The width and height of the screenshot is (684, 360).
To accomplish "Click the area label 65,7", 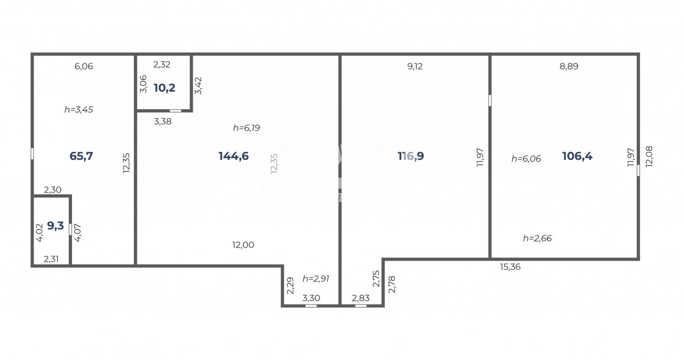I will (81, 156).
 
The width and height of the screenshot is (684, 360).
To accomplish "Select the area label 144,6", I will (233, 156).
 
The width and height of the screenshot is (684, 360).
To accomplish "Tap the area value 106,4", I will (577, 156).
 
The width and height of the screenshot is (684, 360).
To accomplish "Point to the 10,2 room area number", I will (165, 88).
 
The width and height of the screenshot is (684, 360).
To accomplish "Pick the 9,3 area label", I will (56, 226).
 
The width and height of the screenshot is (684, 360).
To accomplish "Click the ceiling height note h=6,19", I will (246, 128).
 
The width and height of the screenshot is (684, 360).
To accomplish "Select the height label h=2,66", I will (537, 238).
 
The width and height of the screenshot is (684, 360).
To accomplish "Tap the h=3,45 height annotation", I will (78, 110).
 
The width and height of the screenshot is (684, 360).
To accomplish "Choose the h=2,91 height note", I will (316, 279).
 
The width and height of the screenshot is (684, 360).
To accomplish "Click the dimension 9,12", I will (415, 67).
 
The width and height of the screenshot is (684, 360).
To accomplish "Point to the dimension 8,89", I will (569, 67).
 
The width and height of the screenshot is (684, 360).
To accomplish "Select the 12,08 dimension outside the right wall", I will (649, 156).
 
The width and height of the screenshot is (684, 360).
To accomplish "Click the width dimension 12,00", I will (243, 245).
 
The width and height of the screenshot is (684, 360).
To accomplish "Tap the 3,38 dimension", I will (163, 122).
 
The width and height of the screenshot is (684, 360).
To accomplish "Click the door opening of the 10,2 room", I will (175, 111).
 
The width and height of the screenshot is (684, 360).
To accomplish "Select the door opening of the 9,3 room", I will (70, 230).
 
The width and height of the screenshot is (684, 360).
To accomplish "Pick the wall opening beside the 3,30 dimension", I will (311, 306).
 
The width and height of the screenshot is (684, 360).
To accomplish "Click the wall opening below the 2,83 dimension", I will (361, 306).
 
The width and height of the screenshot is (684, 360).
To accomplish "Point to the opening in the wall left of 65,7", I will (32, 154).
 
